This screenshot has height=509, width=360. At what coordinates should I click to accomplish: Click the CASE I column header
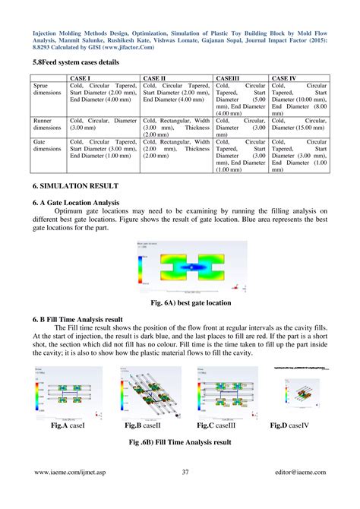81,78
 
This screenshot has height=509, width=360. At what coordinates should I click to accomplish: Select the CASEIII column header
229,78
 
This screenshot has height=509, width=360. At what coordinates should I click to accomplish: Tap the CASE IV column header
285,78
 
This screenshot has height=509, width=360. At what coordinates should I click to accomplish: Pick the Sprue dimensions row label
47,92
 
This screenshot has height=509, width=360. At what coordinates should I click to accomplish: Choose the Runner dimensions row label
47,125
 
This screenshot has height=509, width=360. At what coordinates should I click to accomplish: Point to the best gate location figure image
179,267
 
